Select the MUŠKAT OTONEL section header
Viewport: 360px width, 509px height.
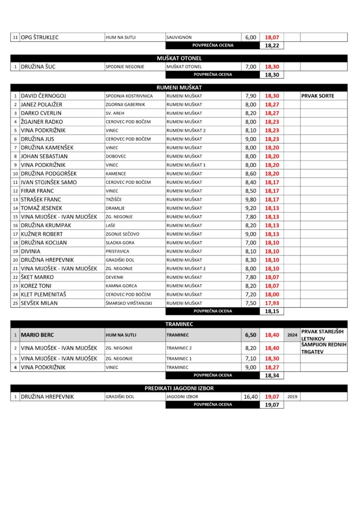(x=179, y=58)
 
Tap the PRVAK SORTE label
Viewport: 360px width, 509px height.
(x=318, y=96)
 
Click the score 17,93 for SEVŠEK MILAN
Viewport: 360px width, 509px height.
(x=271, y=303)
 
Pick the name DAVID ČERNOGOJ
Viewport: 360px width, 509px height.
(x=43, y=96)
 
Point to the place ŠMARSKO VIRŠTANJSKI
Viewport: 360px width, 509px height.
(x=128, y=303)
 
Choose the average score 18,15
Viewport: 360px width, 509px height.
(x=271, y=312)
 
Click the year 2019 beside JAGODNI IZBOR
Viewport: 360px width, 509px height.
(x=292, y=397)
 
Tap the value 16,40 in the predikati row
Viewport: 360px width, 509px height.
(x=250, y=397)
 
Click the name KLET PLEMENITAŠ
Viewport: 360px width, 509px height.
(x=43, y=294)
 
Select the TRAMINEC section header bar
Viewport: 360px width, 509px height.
(x=179, y=324)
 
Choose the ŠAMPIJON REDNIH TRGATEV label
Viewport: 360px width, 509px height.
(x=323, y=348)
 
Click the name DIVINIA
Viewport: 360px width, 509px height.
(x=31, y=252)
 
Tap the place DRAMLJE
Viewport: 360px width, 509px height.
(x=115, y=208)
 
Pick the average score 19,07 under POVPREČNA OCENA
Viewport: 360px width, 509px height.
(x=271, y=405)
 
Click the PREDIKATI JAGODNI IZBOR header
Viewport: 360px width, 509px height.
(x=179, y=388)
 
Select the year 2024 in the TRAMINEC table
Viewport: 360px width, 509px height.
(x=292, y=335)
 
